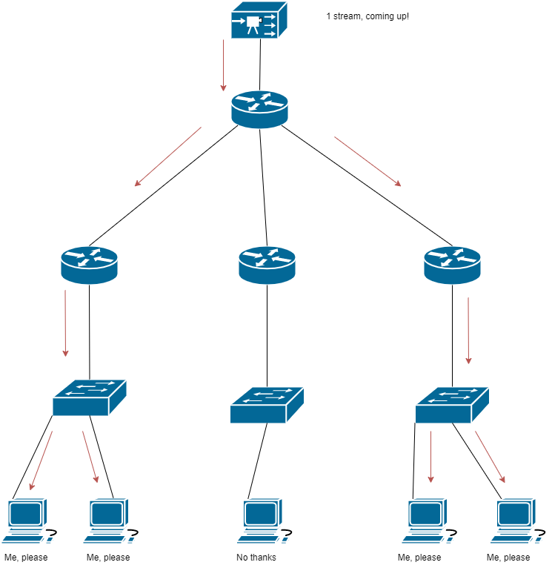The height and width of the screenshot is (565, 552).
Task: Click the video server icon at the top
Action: pos(258,21)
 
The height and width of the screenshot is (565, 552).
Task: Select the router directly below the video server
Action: pos(259,109)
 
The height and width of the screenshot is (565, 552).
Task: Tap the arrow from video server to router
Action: pos(223,65)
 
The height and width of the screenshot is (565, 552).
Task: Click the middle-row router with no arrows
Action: pos(267,265)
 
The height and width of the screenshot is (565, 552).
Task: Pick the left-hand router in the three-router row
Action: pos(89,265)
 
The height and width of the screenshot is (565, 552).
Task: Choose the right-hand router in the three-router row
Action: pos(452,265)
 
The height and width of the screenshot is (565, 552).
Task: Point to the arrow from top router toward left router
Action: pos(167,156)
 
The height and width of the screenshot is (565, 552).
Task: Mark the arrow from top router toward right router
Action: pos(368,161)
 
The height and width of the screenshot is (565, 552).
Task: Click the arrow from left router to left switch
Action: pos(65,323)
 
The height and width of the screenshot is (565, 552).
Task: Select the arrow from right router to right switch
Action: pos(468,330)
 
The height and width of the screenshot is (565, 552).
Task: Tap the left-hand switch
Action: pos(89,398)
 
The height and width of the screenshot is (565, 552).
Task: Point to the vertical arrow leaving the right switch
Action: pos(430,457)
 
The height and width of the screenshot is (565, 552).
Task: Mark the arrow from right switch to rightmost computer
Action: pos(490,457)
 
